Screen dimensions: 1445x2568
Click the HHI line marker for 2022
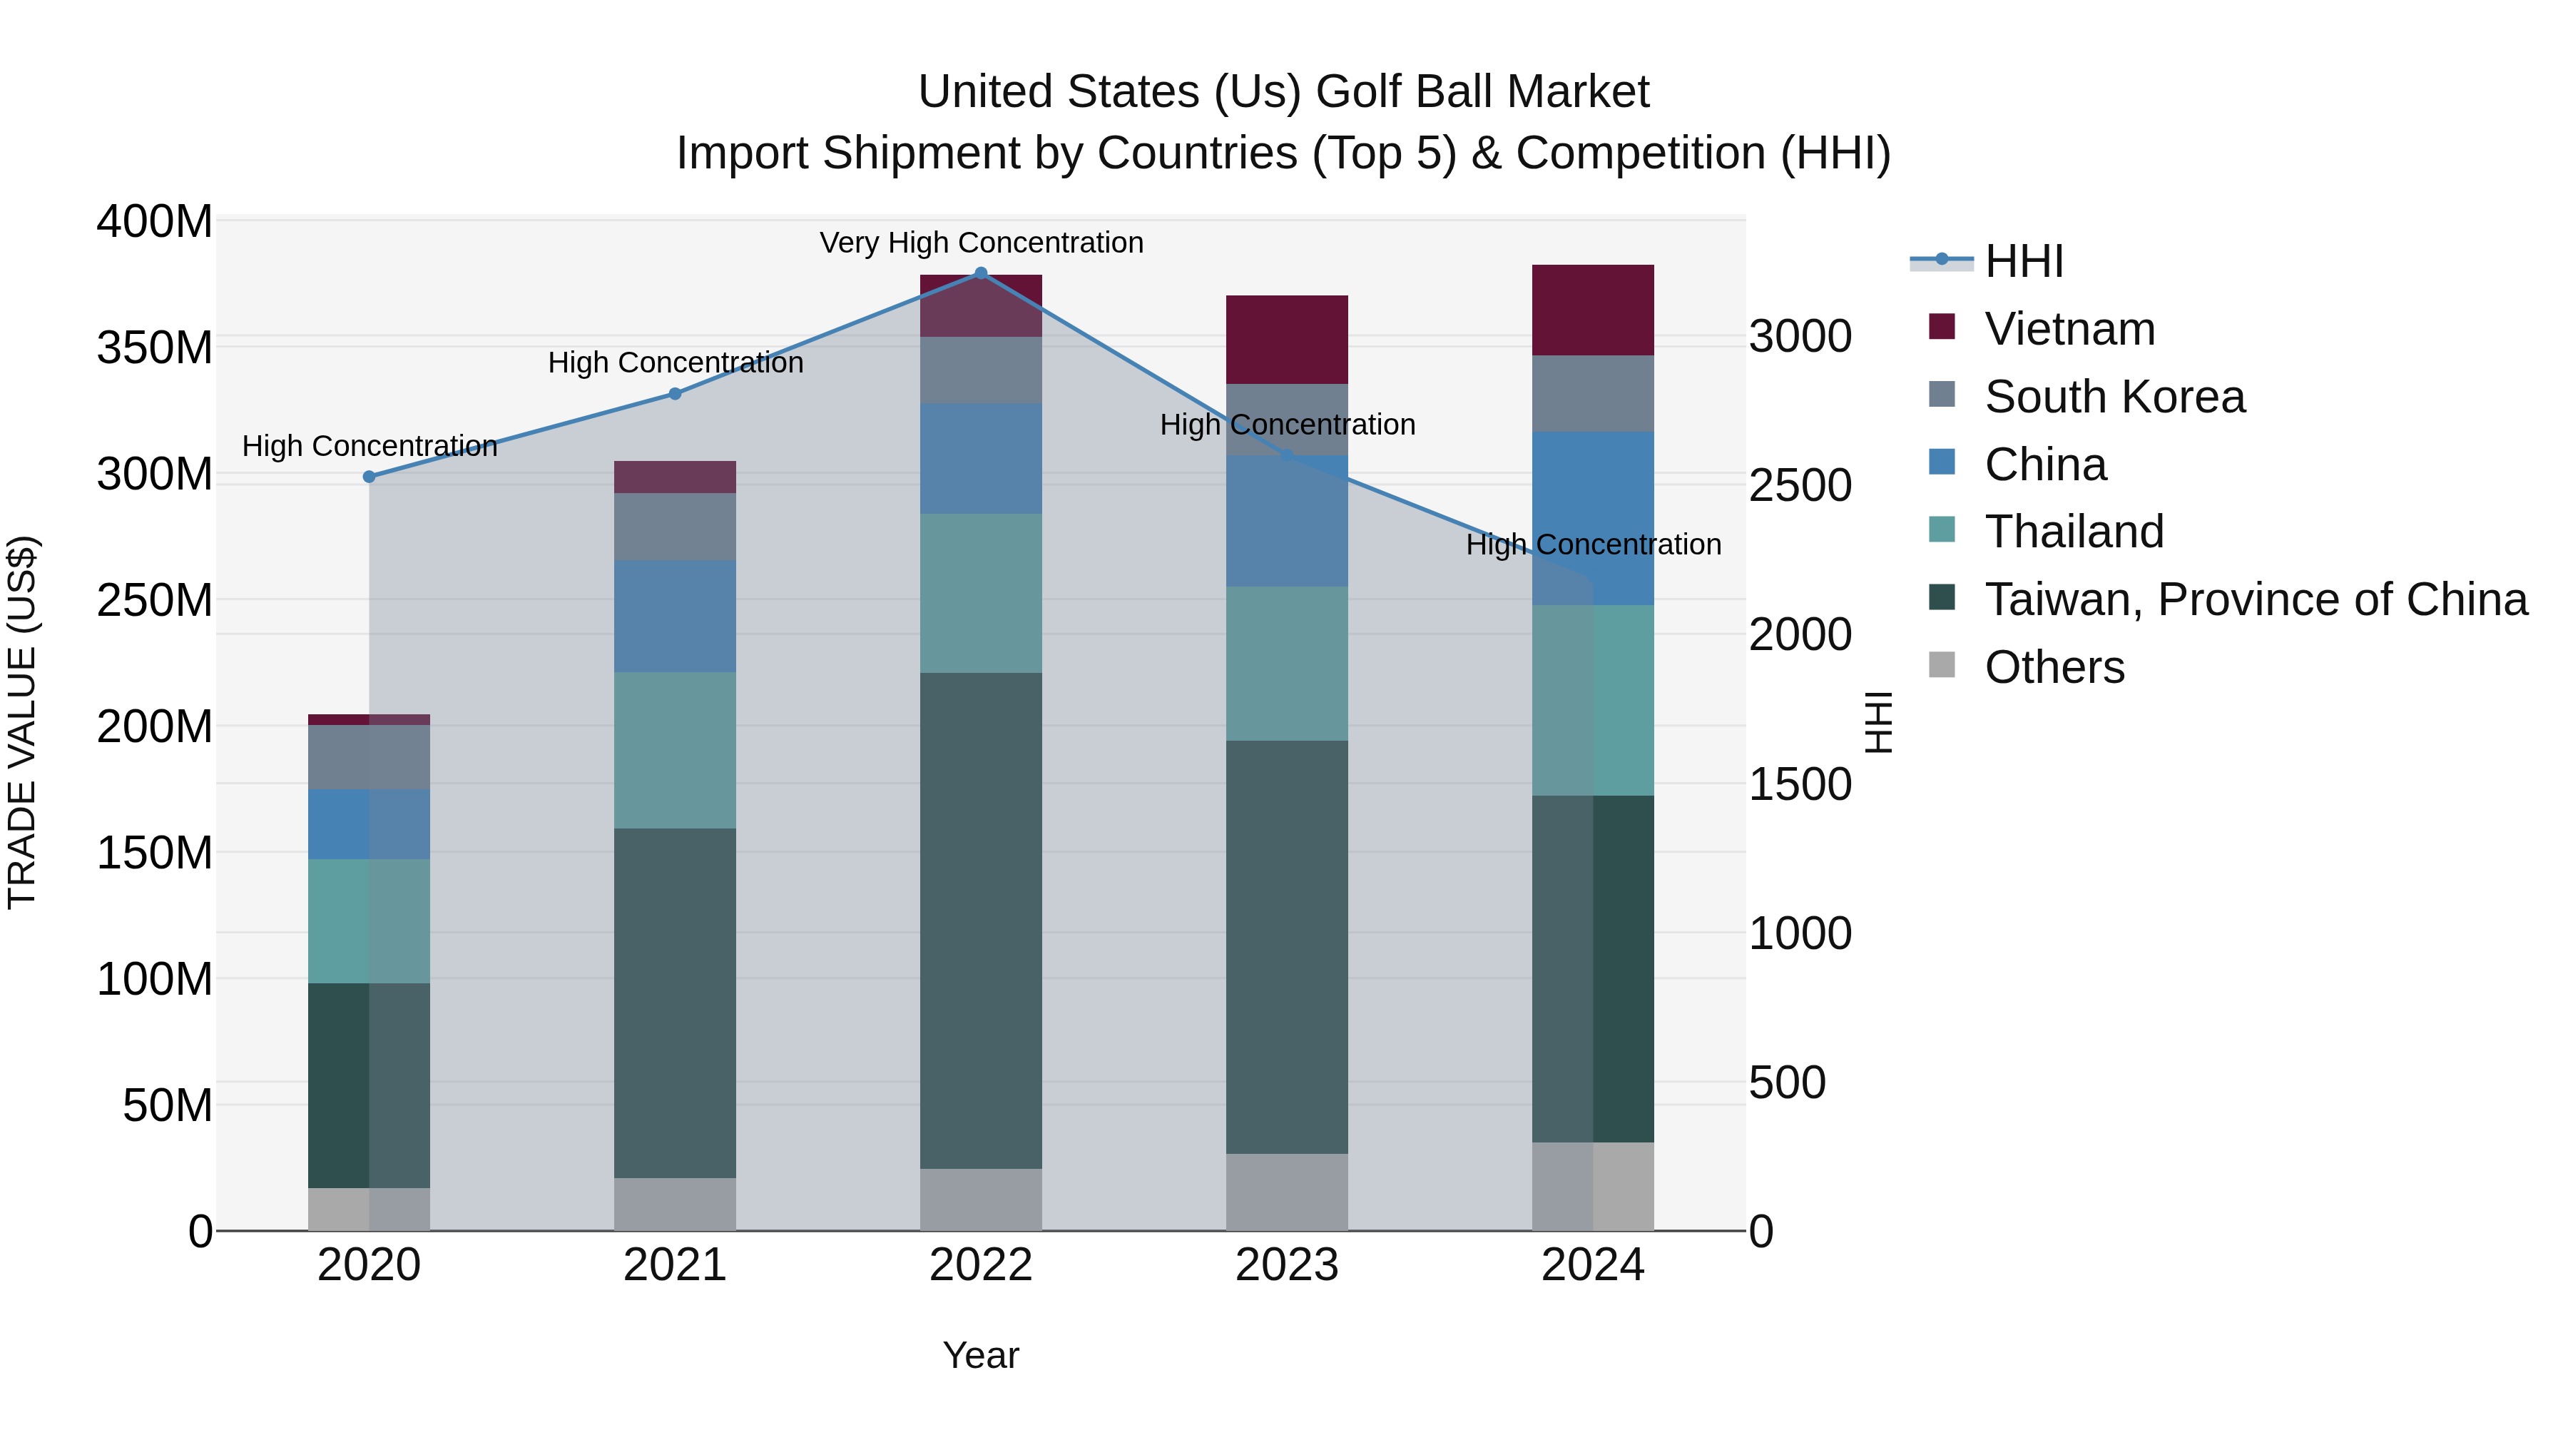point(980,273)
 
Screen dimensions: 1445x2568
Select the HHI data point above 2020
point(369,477)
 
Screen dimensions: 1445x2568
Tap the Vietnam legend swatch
point(1942,327)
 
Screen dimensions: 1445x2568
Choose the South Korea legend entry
point(2114,397)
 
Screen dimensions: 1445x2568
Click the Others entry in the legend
point(2054,667)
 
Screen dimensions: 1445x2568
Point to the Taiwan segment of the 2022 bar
point(980,920)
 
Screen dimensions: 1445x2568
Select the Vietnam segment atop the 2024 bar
point(1592,310)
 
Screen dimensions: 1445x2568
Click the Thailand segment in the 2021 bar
point(675,750)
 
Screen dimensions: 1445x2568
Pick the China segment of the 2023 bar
point(1286,521)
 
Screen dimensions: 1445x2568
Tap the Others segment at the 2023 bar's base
point(1286,1192)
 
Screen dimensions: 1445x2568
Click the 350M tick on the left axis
point(155,348)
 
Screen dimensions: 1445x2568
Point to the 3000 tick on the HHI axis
point(1800,336)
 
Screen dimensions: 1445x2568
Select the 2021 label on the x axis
point(675,1265)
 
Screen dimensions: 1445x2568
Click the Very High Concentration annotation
point(981,243)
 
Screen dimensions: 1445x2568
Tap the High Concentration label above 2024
point(1593,544)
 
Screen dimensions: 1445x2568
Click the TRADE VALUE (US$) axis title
point(22,722)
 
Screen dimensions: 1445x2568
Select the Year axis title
point(980,1355)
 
